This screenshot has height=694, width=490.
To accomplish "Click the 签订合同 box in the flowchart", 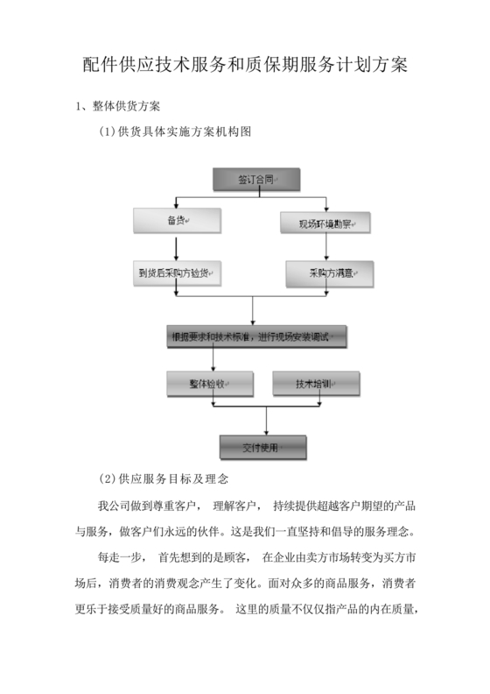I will [255, 180].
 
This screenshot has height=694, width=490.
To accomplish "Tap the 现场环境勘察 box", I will [325, 223].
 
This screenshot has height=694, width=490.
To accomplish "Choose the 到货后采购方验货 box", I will [178, 273].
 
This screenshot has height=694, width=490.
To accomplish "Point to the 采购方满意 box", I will [329, 273].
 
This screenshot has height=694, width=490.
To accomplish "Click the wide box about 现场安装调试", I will [258, 336].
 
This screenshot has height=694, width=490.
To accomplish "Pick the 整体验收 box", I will [210, 383].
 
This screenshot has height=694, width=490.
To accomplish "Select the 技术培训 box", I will [315, 383].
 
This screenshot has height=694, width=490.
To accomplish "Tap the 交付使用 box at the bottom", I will [262, 448].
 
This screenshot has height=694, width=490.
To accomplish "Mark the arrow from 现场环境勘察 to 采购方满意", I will [326, 248].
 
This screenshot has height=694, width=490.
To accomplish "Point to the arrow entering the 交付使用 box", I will [262, 421].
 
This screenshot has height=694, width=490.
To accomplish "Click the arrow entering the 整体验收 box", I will [213, 359].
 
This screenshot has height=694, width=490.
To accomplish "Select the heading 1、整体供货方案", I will [117, 107].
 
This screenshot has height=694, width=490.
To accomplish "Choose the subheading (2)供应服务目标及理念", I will [164, 479].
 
